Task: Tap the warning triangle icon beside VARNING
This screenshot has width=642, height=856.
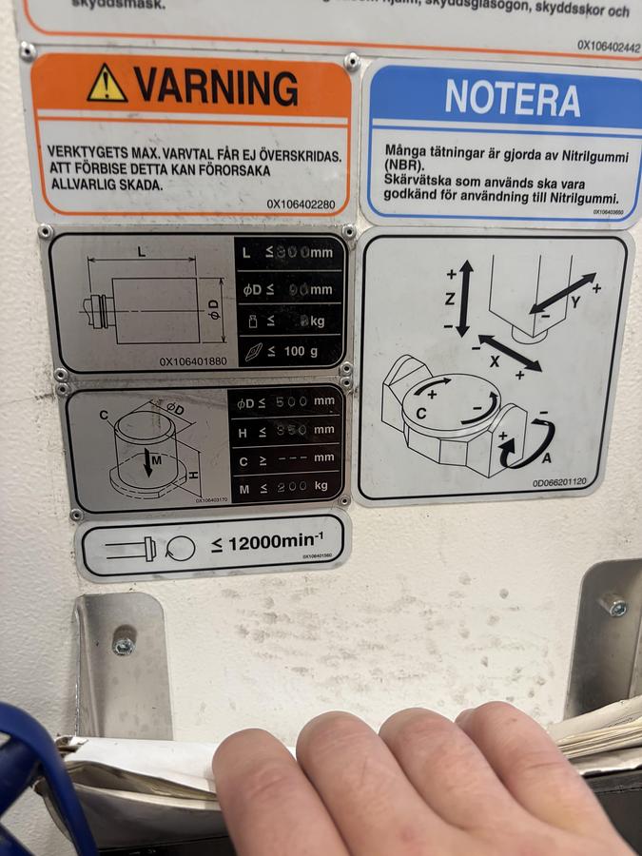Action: [107, 85]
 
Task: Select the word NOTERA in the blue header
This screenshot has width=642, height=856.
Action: [512, 99]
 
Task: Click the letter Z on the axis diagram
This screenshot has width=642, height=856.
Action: [450, 297]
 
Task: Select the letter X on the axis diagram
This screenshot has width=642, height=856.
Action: [494, 362]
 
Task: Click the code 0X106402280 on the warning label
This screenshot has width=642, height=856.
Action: [301, 204]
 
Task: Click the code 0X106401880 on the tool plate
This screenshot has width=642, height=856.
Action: [193, 361]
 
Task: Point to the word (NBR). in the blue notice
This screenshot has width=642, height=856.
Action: [403, 165]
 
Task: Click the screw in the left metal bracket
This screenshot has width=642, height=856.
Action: [123, 645]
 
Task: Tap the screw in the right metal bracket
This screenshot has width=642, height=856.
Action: [614, 605]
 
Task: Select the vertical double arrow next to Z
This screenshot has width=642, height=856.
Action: [465, 297]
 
